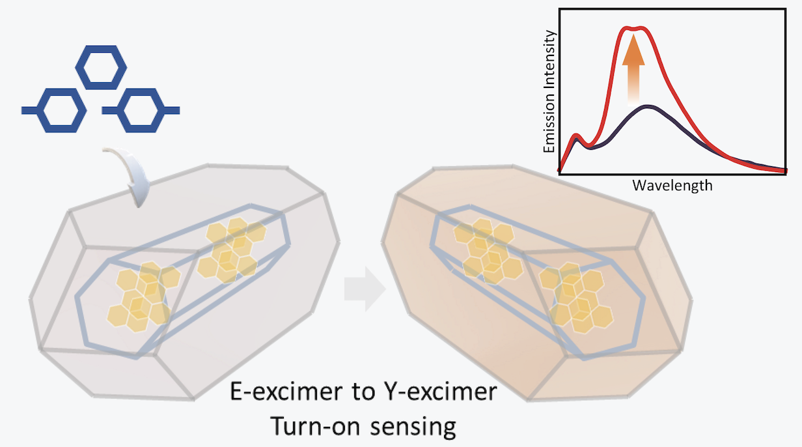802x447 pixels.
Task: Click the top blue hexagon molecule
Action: [x=101, y=47]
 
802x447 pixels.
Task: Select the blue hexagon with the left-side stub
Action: [x=39, y=110]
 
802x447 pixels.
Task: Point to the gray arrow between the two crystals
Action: [x=365, y=289]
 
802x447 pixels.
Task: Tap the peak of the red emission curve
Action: [x=635, y=28]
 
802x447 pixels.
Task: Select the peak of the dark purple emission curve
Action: [x=647, y=106]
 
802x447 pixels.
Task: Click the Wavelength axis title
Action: [x=672, y=186]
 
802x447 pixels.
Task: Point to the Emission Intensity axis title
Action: [x=549, y=92]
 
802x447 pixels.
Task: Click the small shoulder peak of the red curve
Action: [x=575, y=136]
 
